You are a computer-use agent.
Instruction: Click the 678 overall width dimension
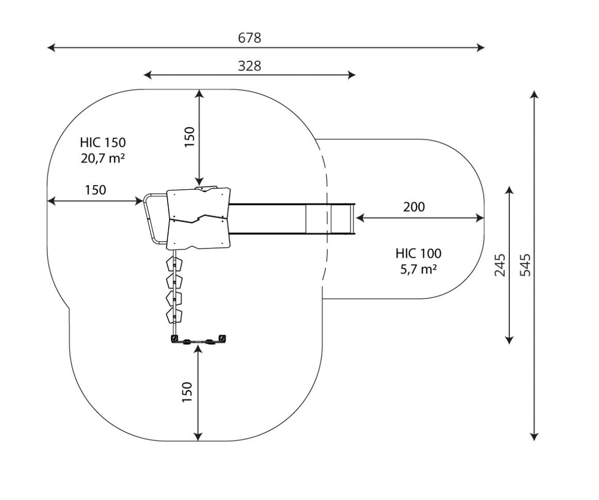249,38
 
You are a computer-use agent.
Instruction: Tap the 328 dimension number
249,65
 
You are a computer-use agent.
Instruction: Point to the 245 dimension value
500,264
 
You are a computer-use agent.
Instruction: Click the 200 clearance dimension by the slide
414,207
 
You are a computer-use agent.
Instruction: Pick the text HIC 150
103,142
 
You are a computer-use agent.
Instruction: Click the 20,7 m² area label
103,158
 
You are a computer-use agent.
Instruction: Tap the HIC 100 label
419,253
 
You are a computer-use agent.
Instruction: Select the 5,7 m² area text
419,269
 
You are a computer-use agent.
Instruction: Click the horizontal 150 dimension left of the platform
95,190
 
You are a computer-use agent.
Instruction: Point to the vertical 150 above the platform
189,137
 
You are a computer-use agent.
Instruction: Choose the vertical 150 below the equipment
187,392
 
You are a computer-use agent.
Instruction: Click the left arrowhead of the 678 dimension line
50,47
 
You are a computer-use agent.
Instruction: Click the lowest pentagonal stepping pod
174,315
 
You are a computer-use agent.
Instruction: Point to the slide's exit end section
341,218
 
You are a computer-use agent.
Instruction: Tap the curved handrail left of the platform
149,219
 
